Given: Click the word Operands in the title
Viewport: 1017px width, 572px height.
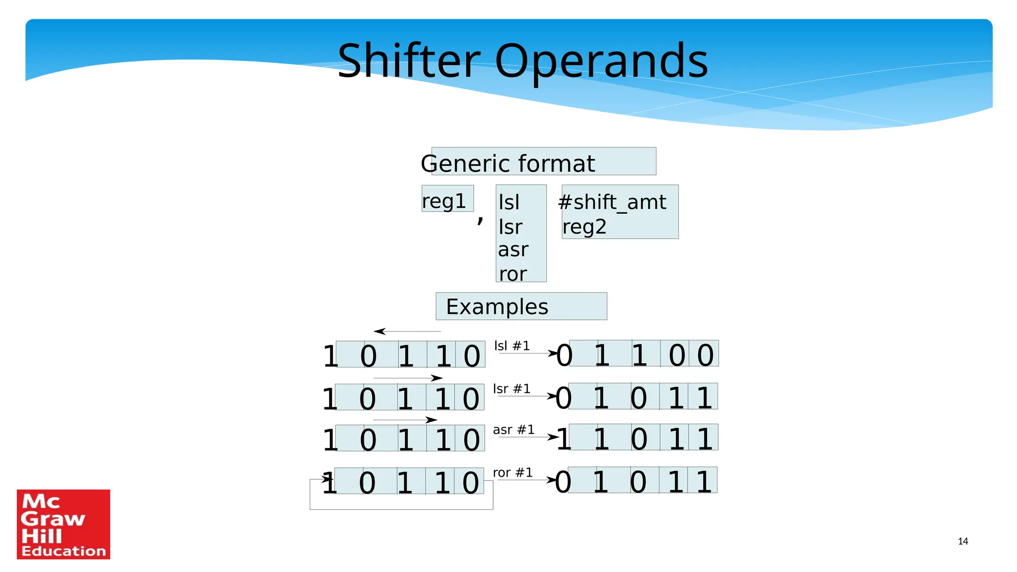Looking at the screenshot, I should point(601,62).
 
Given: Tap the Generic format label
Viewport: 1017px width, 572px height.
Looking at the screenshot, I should point(508,163).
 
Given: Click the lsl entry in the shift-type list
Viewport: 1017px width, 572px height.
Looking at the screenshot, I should point(509,202).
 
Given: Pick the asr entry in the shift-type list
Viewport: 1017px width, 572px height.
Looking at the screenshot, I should point(513,250).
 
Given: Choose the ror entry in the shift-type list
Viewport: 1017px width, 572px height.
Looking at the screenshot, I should point(512,274).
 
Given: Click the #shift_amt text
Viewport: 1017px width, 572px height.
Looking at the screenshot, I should point(612,202).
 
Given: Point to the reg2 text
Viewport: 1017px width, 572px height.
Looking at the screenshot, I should point(584,227).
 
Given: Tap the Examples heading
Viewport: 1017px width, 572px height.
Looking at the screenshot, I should point(497,307).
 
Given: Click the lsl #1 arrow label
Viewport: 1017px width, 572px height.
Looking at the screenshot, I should point(512,346).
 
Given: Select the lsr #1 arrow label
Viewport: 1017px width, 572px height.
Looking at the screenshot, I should point(511,389).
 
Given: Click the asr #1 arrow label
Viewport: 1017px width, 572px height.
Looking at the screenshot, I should point(513,429).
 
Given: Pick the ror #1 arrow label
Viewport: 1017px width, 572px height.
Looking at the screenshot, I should point(512,472).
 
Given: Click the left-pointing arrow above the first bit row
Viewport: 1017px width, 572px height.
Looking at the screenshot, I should point(406,331).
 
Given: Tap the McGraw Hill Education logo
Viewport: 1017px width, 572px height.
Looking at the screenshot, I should point(64,524).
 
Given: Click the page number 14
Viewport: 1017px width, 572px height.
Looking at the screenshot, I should point(963,541).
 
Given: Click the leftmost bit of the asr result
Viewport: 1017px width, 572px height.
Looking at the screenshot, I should point(563,439).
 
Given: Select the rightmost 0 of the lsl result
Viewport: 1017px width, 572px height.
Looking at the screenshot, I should point(705,355).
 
